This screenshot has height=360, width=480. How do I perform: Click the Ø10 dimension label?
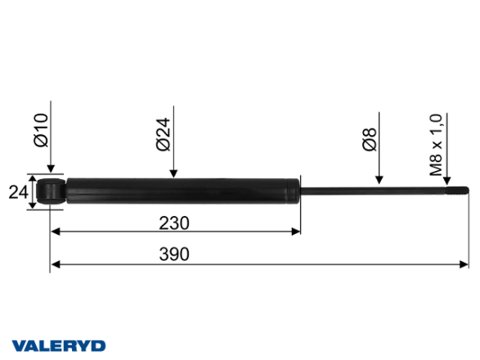[x=41, y=130]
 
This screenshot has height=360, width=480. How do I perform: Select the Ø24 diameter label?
[x=163, y=135]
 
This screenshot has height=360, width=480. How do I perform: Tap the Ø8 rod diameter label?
[x=369, y=139]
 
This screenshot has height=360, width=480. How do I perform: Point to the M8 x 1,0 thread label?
[x=436, y=145]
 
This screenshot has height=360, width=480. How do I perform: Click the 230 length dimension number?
[x=174, y=223]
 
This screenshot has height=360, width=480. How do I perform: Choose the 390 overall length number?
[x=174, y=255]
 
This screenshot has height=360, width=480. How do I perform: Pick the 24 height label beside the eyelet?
[x=18, y=193]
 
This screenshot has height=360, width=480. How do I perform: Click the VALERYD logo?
[x=59, y=346]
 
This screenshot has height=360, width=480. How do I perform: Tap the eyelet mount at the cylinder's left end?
[x=50, y=192]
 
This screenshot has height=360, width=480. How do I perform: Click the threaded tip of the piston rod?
[x=457, y=190]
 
